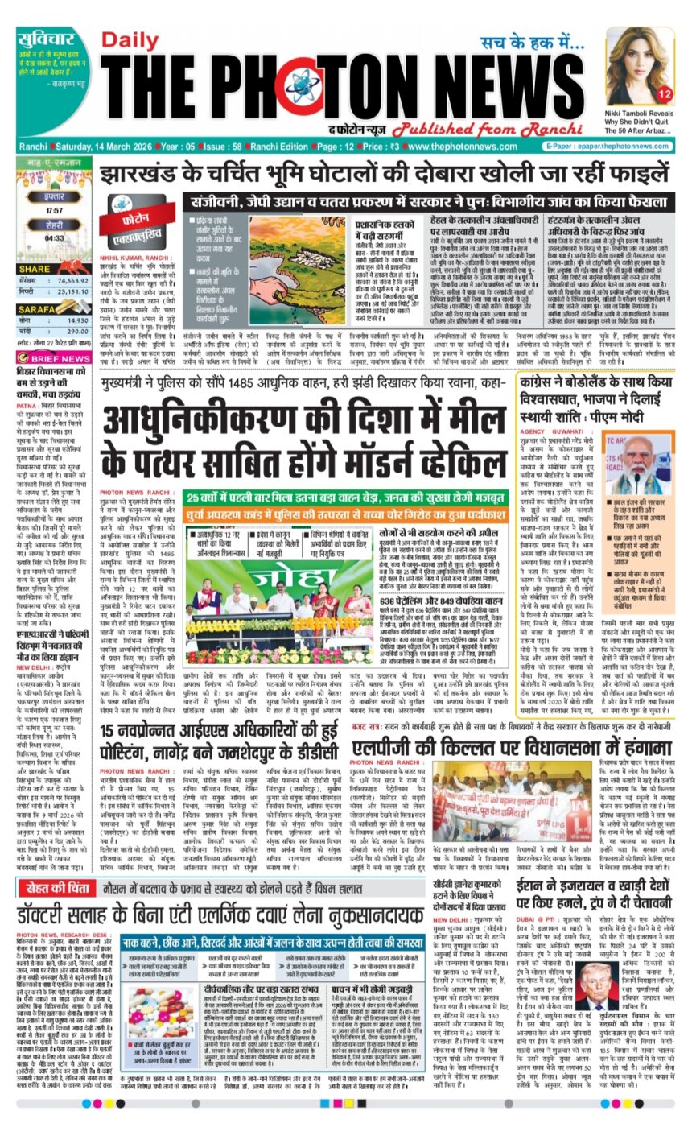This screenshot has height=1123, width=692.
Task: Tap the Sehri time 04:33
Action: (55, 238)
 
